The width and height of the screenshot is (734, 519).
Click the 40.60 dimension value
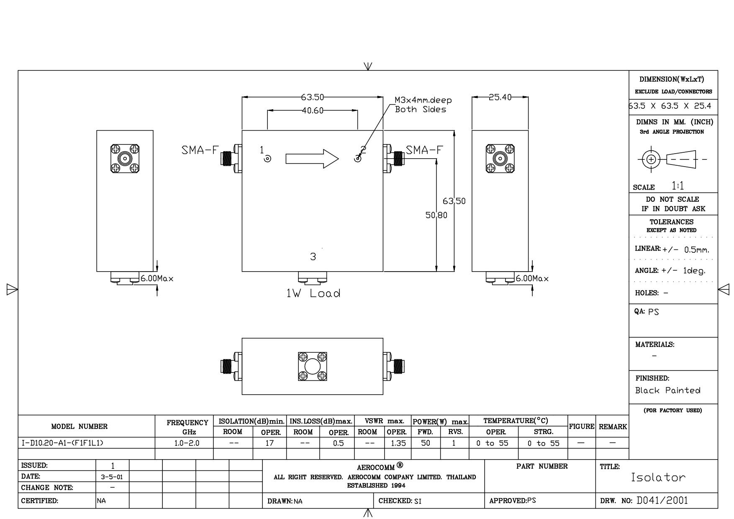click(313, 110)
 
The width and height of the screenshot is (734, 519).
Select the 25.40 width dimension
click(500, 97)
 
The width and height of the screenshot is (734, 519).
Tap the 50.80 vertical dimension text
click(436, 215)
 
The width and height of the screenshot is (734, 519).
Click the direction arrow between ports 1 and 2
click(312, 159)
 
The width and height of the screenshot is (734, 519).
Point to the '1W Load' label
click(313, 293)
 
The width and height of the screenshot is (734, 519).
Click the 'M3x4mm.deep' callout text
click(423, 100)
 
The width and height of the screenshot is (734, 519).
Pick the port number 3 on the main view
click(313, 257)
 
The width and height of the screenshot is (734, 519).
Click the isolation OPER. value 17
click(269, 443)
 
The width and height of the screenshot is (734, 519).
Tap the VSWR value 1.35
click(398, 443)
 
